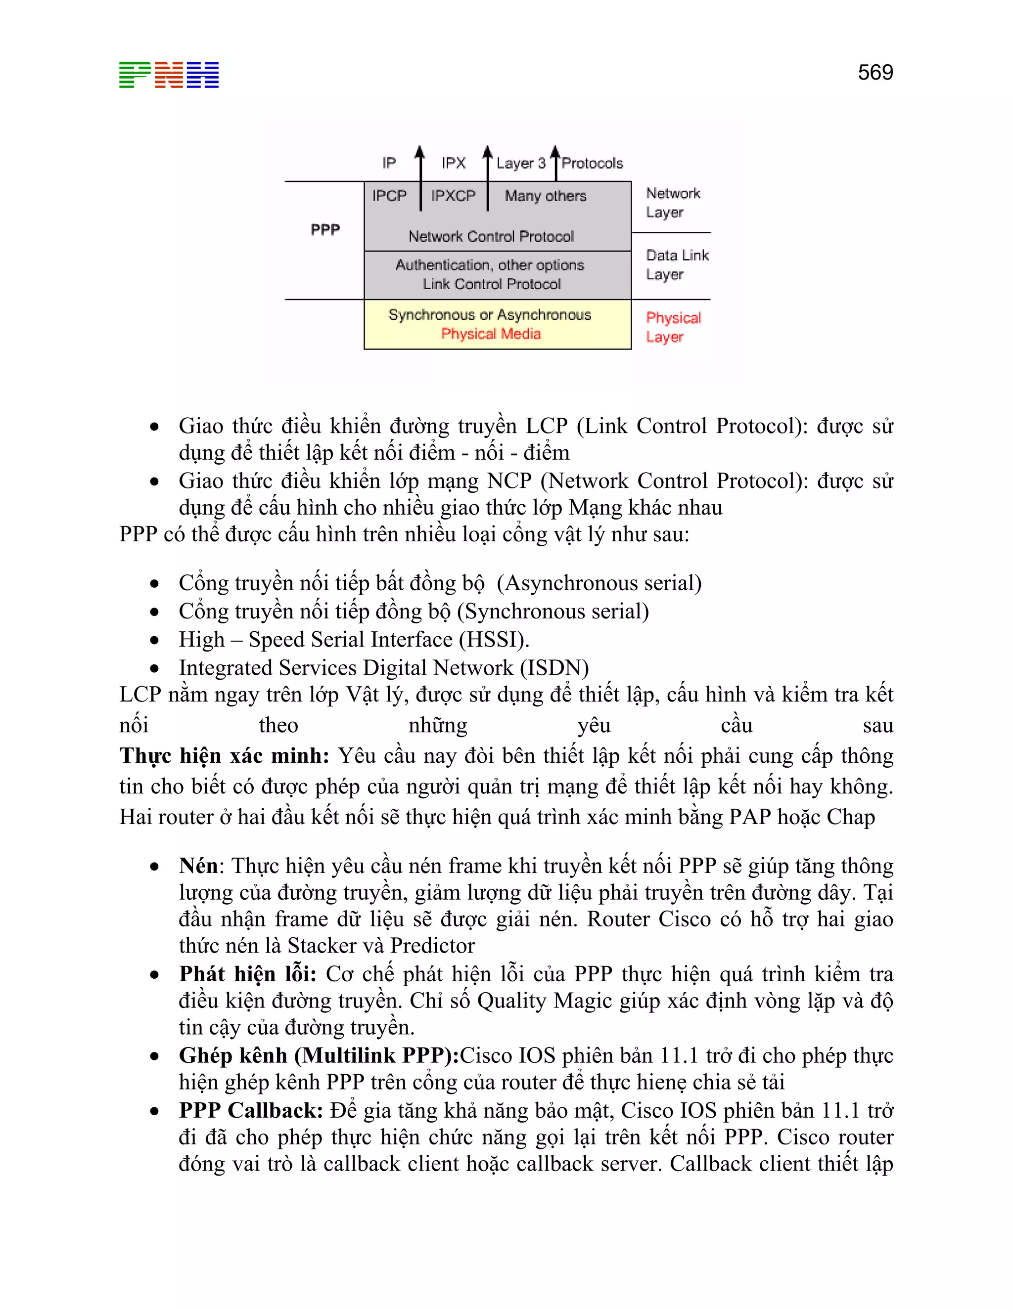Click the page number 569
pos(875,73)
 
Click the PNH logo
pos(169,75)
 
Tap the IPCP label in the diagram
pos(389,196)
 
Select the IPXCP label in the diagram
pos(453,196)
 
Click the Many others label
pos(545,196)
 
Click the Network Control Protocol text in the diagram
pos(491,236)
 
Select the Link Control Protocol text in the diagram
pos(492,284)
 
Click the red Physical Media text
pos(491,334)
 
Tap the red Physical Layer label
pos(673,327)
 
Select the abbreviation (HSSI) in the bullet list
pos(494,639)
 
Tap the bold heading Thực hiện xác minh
pos(224,756)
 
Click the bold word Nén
pos(198,866)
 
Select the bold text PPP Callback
pos(251,1110)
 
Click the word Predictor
pos(432,945)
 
